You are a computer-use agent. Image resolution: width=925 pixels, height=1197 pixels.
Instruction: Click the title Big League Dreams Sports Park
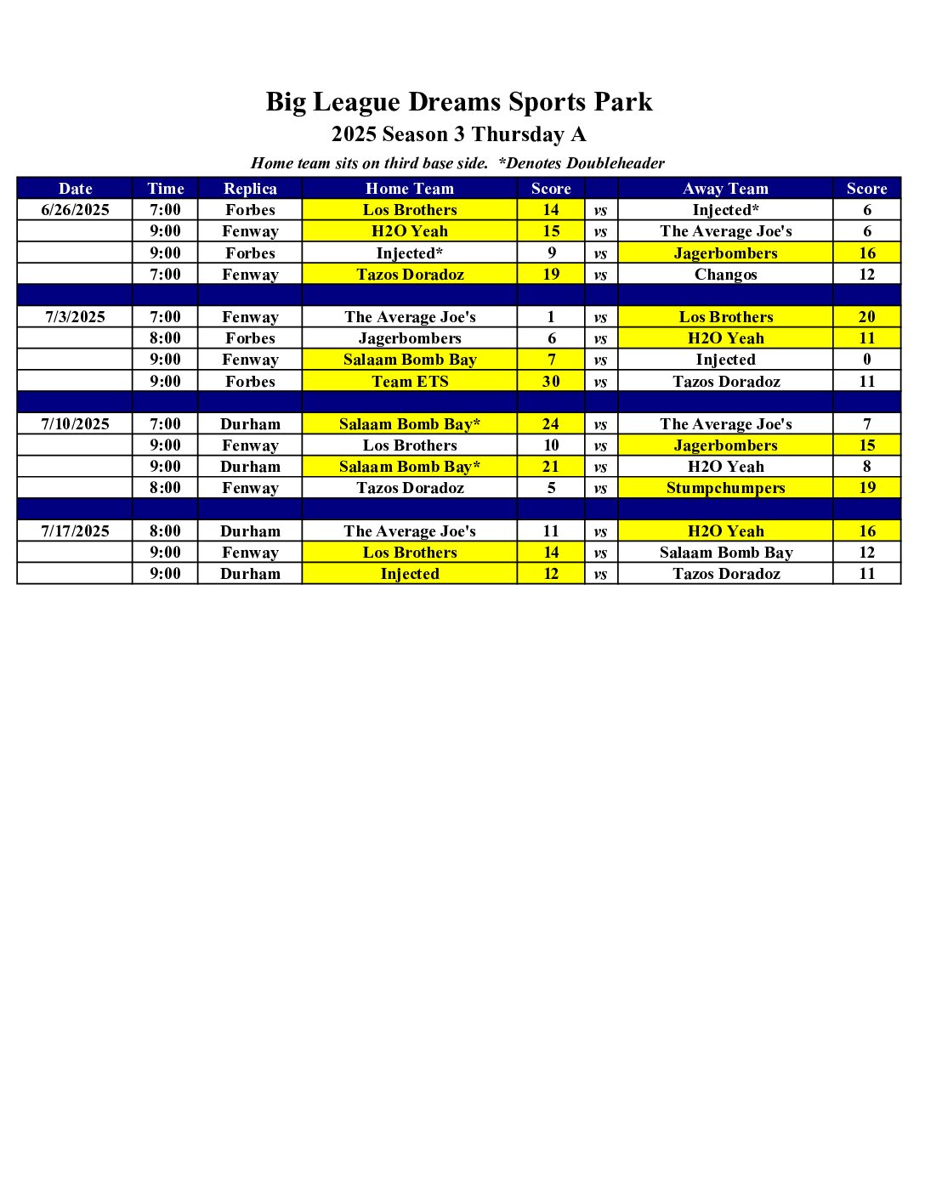pyautogui.click(x=459, y=102)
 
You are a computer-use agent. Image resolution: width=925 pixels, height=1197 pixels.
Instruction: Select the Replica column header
pyautogui.click(x=250, y=189)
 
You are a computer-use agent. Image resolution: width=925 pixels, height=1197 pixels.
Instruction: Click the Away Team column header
pyautogui.click(x=725, y=189)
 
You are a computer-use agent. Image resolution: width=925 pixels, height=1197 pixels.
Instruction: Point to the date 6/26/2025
pyautogui.click(x=75, y=210)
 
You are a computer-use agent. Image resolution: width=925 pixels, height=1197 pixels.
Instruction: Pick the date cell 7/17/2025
pyautogui.click(x=75, y=531)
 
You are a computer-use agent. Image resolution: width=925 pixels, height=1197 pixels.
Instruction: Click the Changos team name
pyautogui.click(x=725, y=275)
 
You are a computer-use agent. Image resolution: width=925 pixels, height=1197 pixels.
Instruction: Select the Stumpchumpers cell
pyautogui.click(x=725, y=488)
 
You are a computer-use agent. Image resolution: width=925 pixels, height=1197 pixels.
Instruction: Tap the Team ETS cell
pyautogui.click(x=410, y=382)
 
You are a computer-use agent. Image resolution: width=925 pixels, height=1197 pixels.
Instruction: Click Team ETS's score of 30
pyautogui.click(x=551, y=382)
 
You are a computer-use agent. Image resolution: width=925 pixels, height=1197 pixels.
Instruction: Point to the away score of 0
pyautogui.click(x=866, y=360)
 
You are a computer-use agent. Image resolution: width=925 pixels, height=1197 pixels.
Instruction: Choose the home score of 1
pyautogui.click(x=551, y=317)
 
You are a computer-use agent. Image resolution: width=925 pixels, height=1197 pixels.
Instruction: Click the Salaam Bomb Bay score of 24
pyautogui.click(x=551, y=424)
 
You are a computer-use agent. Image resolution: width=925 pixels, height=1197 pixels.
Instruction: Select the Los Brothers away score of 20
pyautogui.click(x=866, y=317)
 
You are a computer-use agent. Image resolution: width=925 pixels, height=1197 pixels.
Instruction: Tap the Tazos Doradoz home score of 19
pyautogui.click(x=551, y=275)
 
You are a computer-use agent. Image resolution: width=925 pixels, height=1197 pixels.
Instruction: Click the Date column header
pyautogui.click(x=75, y=189)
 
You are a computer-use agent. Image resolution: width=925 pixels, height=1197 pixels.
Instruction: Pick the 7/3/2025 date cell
pyautogui.click(x=75, y=317)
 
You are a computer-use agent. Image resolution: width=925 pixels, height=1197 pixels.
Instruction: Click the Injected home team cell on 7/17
pyautogui.click(x=410, y=574)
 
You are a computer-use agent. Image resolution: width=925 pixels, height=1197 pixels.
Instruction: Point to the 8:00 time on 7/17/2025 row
pyautogui.click(x=165, y=531)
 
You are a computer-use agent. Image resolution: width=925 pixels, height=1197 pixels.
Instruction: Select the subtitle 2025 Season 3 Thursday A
pyautogui.click(x=459, y=134)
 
